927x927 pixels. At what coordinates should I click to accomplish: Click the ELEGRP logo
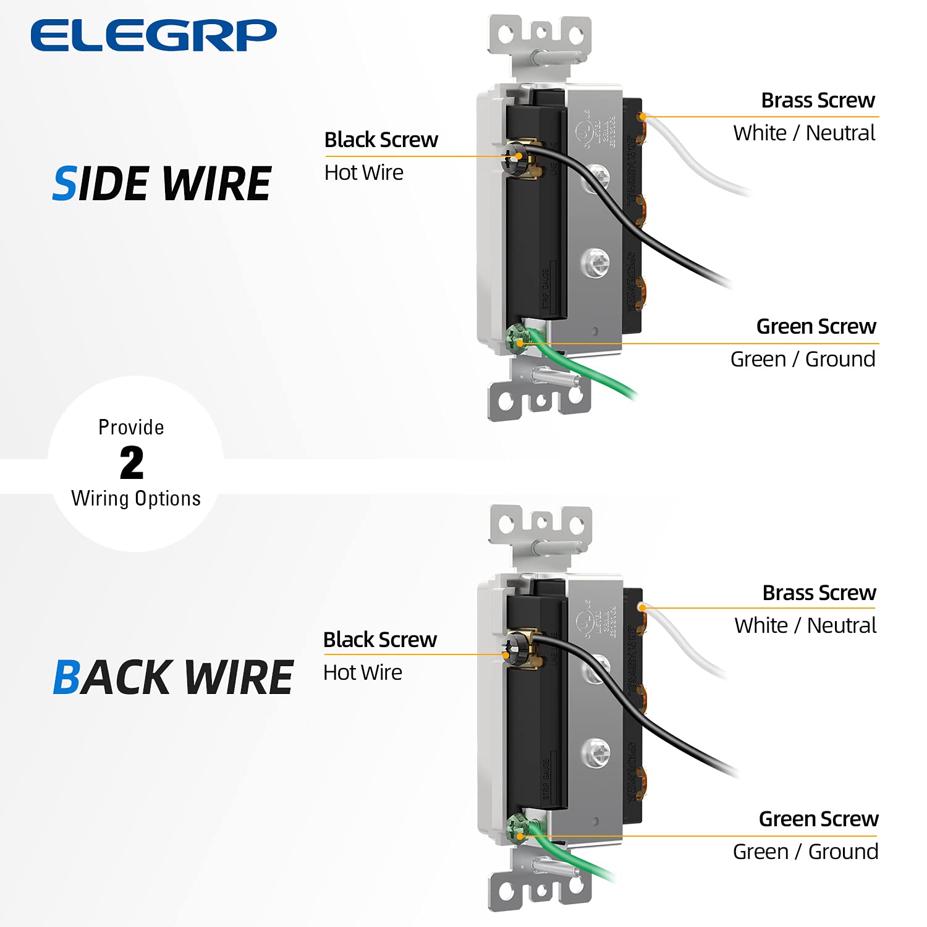pos(153,35)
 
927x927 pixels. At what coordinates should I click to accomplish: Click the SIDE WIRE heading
pos(162,184)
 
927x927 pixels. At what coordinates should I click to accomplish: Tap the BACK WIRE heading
pos(173,677)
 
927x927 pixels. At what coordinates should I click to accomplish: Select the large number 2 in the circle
pos(132,463)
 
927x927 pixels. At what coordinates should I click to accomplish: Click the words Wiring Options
pos(136,498)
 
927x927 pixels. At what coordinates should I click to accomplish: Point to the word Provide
pos(131,427)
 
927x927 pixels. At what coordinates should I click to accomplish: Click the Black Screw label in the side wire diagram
pos(381,140)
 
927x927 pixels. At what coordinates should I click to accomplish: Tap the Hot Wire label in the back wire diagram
pos(363,672)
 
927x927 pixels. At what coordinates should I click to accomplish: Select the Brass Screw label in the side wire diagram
pos(818,100)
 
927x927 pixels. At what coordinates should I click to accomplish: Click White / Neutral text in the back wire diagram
pos(805,625)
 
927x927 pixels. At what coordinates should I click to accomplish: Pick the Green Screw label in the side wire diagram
pos(816,326)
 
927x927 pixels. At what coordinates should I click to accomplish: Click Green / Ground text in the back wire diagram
pos(805,852)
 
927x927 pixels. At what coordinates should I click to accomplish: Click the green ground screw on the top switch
pos(515,338)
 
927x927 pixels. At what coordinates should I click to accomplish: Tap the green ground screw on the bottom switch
pos(516,829)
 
